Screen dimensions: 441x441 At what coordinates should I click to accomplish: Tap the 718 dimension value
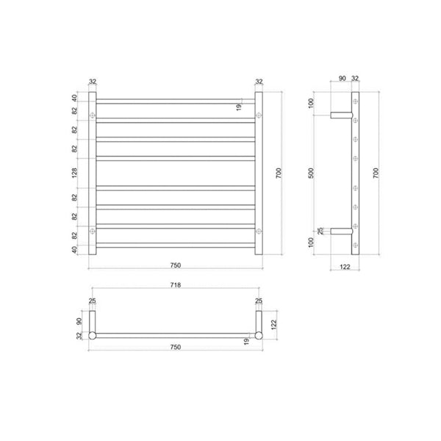[x=175, y=284]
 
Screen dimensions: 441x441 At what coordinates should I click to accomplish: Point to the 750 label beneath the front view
[x=175, y=265]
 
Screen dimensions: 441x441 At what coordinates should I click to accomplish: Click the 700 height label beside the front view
[x=278, y=173]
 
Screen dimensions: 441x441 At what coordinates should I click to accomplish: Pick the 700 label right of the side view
[x=376, y=173]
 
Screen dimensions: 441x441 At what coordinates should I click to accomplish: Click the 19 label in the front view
[x=239, y=107]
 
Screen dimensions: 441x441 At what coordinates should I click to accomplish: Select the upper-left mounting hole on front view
[x=93, y=115]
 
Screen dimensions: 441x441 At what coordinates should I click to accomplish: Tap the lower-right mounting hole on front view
[x=257, y=231]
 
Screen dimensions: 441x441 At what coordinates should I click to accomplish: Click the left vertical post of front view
[x=93, y=173]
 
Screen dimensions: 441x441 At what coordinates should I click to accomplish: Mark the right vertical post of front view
[x=257, y=173]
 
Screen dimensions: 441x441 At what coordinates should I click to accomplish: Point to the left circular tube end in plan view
[x=93, y=336]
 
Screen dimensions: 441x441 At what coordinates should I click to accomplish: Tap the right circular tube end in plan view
[x=257, y=336]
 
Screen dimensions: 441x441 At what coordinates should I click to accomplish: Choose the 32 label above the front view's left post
[x=93, y=82]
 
